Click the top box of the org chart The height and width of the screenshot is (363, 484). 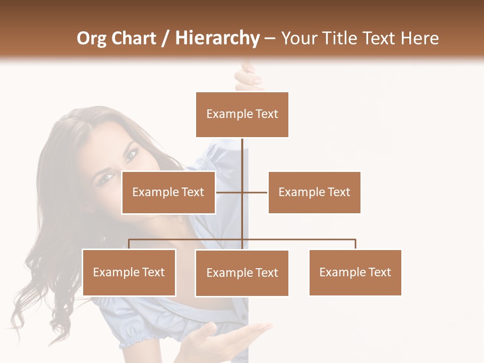(242, 114)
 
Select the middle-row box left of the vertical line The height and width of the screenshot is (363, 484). (168, 192)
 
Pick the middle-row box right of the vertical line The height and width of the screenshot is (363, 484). (314, 192)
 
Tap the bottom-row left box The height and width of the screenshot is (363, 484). (129, 272)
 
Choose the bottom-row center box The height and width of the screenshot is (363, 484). (242, 273)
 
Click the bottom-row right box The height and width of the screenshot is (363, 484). (355, 272)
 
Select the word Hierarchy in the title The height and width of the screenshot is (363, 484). (217, 38)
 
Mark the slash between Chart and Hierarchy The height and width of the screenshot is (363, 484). (165, 38)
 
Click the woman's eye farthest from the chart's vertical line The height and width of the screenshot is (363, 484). (107, 178)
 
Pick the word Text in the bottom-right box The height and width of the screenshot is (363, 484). (379, 272)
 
